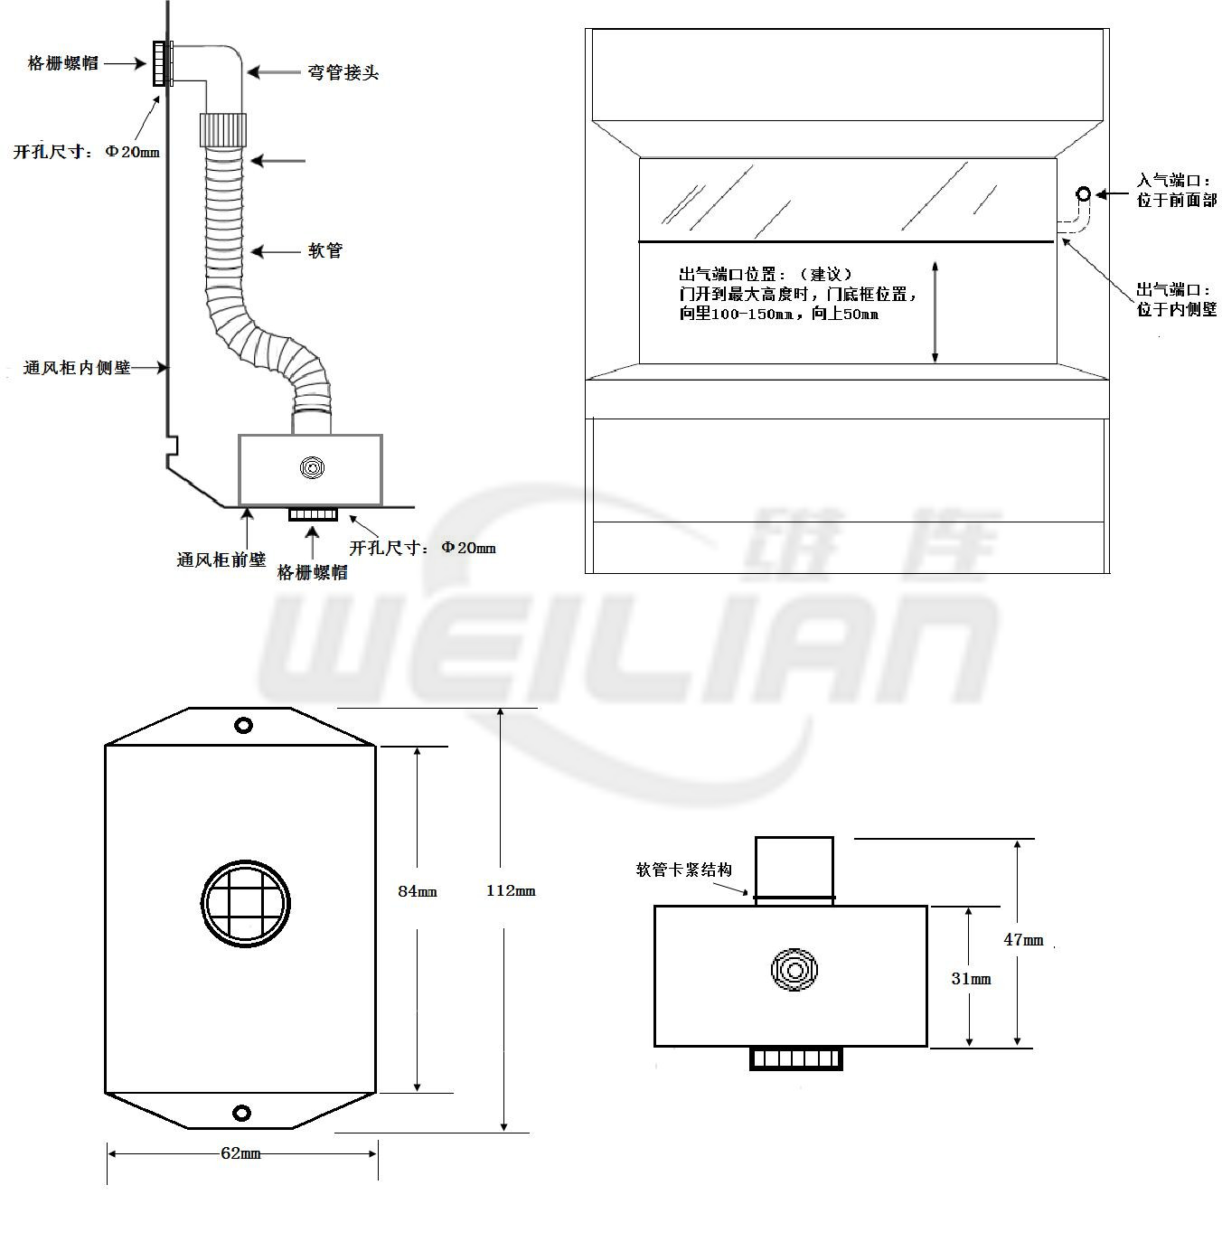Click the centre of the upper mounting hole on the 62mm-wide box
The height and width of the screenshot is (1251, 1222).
243,726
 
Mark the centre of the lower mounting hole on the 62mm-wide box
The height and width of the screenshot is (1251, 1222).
241,1113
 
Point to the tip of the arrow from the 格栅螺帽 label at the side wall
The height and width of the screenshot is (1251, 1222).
146,63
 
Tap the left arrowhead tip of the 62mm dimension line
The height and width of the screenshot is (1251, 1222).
108,1154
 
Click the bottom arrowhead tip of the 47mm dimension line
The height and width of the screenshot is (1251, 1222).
1017,1046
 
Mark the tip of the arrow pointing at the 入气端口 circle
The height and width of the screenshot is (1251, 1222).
1096,194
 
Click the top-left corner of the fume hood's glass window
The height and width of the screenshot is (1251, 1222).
640,158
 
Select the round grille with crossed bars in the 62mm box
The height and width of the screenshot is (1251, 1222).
246,903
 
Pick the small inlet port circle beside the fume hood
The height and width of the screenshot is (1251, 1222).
1083,193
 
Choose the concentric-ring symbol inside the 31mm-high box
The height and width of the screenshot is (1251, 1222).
794,969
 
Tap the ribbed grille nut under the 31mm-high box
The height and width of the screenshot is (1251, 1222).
795,1058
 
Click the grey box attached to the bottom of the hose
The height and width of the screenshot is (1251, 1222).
311,470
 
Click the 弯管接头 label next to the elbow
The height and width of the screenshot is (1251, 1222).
343,72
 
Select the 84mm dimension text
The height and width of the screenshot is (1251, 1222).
418,891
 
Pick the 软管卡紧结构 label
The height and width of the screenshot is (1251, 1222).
684,870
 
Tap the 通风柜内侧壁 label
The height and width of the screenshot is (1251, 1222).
77,368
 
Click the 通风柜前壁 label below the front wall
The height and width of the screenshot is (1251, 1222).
221,560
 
